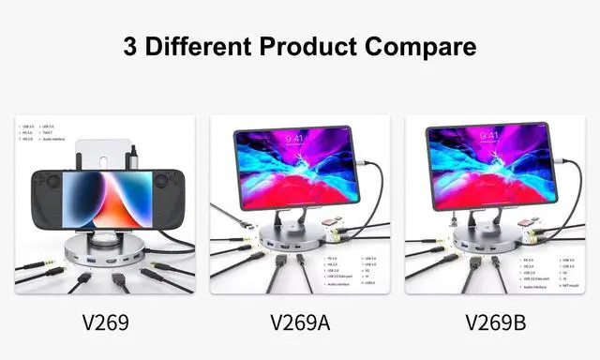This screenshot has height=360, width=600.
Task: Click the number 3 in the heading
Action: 131,46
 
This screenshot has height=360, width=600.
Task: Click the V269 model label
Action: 105,322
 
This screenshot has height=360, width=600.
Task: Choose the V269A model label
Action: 299,322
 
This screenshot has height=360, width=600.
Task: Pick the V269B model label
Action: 494,322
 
